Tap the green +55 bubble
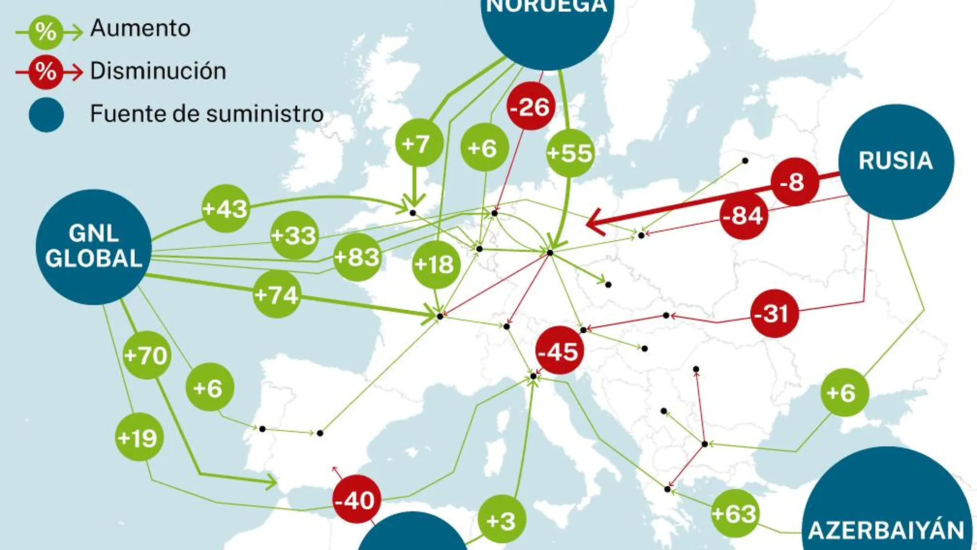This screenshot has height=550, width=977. point(570,153)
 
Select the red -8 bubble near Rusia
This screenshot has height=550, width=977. point(794,182)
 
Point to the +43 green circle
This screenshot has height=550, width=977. point(226,209)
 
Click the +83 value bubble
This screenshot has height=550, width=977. point(357,257)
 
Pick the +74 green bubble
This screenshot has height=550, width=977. point(277,295)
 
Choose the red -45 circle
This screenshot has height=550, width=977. point(558,351)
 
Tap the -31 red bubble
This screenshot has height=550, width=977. point(774,313)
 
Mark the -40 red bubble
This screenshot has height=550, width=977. point(356,500)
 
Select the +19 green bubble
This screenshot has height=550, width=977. point(138,438)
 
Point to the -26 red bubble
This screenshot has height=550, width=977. point(531,107)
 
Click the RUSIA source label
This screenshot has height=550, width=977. point(896,161)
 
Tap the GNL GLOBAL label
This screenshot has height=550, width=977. point(94,246)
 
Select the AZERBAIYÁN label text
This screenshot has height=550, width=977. point(886,530)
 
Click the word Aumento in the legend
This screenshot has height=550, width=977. point(140,28)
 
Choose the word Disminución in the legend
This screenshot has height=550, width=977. point(158,71)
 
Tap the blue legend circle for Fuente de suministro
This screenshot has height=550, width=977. point(46,115)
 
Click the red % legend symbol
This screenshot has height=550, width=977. point(46,72)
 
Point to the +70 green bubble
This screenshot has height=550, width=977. point(147,355)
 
